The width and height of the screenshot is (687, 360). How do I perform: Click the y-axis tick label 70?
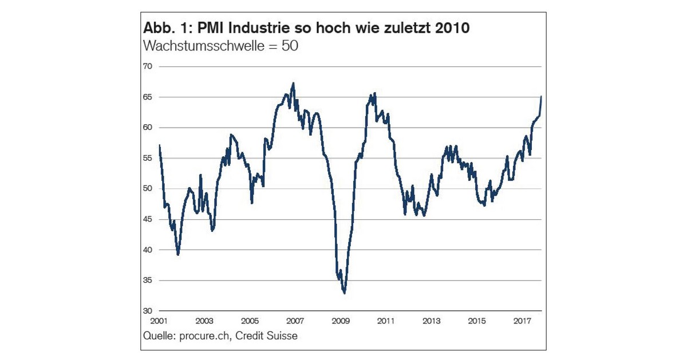[x=148, y=66]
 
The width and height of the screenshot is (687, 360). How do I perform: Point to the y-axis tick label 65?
[x=148, y=97]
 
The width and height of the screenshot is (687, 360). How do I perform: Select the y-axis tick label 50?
[x=148, y=189]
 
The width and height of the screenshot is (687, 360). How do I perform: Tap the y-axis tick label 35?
[x=148, y=280]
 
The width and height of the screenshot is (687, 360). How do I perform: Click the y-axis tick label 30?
[x=148, y=311]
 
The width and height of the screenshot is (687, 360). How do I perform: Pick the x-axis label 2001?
[x=159, y=321]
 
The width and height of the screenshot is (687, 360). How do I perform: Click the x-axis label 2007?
[x=295, y=321]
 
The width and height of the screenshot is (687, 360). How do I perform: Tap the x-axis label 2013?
[x=431, y=321]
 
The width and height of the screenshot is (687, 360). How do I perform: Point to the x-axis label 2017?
[x=522, y=321]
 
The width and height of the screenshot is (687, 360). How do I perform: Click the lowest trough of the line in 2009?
[x=344, y=293]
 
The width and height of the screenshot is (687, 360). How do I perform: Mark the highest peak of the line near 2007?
[x=293, y=84]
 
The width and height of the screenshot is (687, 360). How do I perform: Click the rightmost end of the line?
[x=541, y=97]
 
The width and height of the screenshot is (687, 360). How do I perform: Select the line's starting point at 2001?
[x=159, y=145]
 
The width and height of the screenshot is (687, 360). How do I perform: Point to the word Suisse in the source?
[x=282, y=336]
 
